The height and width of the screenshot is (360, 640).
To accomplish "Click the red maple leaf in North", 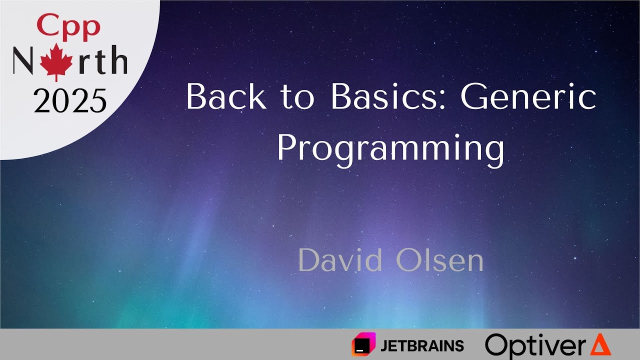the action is tap(56, 62).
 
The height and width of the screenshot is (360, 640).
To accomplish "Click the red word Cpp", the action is tap(68, 27).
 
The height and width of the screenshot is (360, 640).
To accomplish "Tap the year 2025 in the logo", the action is tap(70, 100).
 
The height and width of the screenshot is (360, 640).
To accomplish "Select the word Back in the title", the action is tap(226, 96).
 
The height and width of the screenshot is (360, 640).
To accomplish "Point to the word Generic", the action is tap(528, 96).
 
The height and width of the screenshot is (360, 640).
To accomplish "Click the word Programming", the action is tap(390, 150).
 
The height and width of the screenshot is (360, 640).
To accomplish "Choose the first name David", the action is tap(340, 260).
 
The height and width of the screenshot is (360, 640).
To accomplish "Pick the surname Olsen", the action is tap(440, 260).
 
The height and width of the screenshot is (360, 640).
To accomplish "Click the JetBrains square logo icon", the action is tap(363, 344).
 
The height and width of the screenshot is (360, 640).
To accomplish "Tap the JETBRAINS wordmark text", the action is tap(422, 345).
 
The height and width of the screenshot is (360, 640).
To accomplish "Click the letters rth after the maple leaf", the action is tap(102, 59).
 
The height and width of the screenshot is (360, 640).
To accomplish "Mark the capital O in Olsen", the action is tap(408, 260).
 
